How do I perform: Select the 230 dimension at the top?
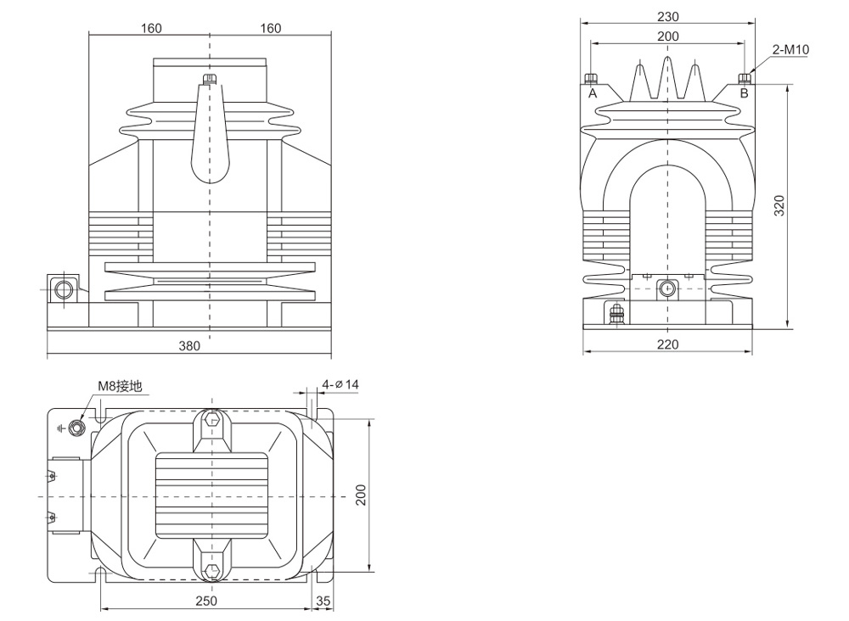coord(668,16)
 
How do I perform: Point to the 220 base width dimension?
coord(668,344)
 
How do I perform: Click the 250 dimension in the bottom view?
coord(206,601)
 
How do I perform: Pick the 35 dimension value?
coord(323,601)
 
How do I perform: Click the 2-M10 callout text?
coord(790,50)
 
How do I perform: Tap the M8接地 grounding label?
coord(120,387)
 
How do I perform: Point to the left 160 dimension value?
coord(150,28)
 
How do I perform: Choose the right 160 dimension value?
coord(270,28)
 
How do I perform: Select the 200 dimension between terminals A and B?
coord(668,36)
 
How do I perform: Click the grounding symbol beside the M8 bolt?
coord(60,426)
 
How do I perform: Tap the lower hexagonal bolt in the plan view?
coord(211,567)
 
